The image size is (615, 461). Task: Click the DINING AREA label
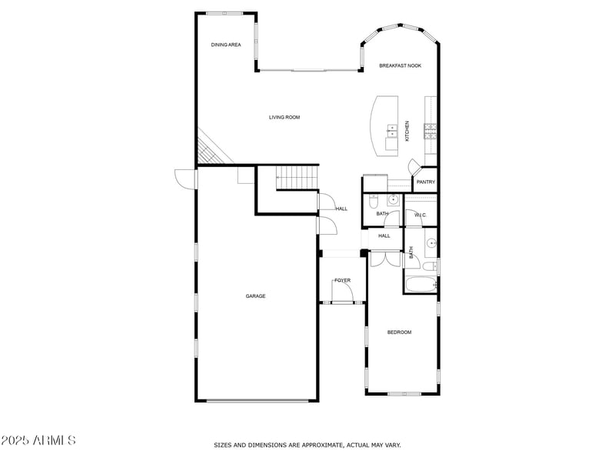click(226, 45)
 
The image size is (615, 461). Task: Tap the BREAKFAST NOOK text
click(401, 66)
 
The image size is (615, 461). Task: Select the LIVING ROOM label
click(284, 118)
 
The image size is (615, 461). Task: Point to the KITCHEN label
click(407, 131)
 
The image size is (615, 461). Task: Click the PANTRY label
click(426, 182)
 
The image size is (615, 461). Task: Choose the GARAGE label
click(255, 296)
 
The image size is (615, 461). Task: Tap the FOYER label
click(342, 281)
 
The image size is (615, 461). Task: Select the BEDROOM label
click(399, 332)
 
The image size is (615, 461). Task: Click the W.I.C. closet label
click(421, 215)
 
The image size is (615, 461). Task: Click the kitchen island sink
click(391, 131)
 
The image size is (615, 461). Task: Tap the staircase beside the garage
click(296, 179)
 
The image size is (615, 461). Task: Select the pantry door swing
click(414, 166)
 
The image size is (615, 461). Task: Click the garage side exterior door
click(184, 179)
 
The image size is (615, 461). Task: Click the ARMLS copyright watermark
click(38, 441)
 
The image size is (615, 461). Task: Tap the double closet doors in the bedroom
click(385, 259)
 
